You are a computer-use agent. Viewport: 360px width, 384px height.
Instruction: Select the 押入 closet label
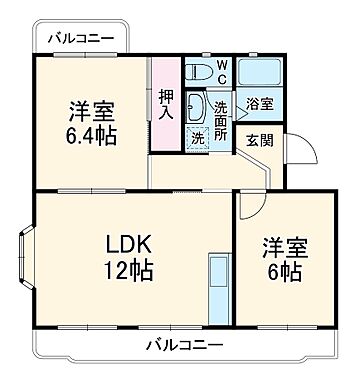[167, 103]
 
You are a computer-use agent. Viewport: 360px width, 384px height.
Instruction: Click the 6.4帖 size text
[92, 135]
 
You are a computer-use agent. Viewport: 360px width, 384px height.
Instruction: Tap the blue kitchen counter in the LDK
[217, 284]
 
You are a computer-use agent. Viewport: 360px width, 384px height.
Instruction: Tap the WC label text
[222, 74]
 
